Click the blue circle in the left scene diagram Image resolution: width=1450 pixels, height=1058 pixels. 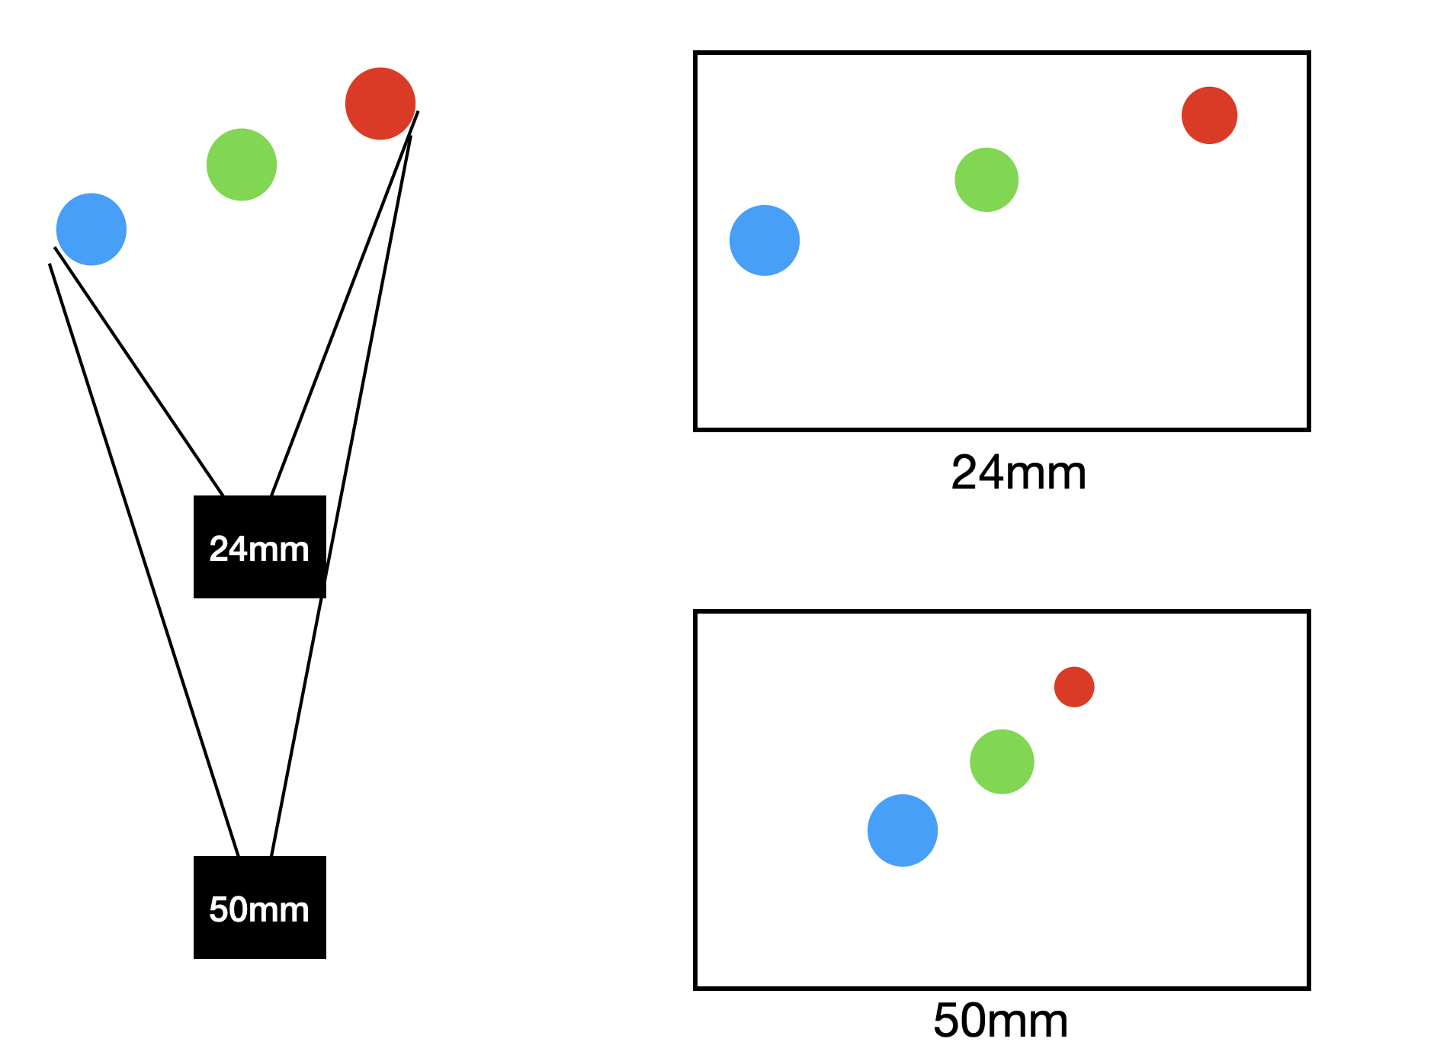[x=91, y=229]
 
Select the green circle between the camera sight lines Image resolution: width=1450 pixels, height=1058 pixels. [x=242, y=165]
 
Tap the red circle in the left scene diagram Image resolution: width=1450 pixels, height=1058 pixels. [x=380, y=104]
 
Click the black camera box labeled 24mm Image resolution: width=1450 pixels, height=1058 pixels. [x=260, y=547]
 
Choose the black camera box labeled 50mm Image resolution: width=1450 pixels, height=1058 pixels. [x=260, y=907]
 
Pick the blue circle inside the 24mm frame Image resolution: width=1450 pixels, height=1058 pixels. [x=765, y=240]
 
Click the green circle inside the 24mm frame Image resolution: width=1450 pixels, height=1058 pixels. [x=986, y=180]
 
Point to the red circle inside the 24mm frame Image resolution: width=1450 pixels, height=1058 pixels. [x=1209, y=115]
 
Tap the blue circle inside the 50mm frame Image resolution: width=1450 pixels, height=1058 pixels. [x=903, y=830]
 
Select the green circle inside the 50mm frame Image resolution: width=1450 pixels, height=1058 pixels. [x=1002, y=761]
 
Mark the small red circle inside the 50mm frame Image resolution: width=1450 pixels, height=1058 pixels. [x=1074, y=687]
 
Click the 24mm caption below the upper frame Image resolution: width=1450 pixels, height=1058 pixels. [x=1019, y=473]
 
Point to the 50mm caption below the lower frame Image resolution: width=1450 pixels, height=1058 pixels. [x=1000, y=1020]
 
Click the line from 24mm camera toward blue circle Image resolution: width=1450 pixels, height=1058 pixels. [x=139, y=371]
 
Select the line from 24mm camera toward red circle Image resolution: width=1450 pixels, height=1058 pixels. [x=345, y=303]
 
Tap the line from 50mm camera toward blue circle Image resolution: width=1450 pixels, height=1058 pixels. [x=145, y=560]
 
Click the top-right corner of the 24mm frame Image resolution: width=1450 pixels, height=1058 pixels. [x=1308, y=53]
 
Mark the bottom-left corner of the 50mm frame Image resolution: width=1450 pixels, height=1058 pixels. [x=696, y=988]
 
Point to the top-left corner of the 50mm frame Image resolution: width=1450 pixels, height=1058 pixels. [x=696, y=612]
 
